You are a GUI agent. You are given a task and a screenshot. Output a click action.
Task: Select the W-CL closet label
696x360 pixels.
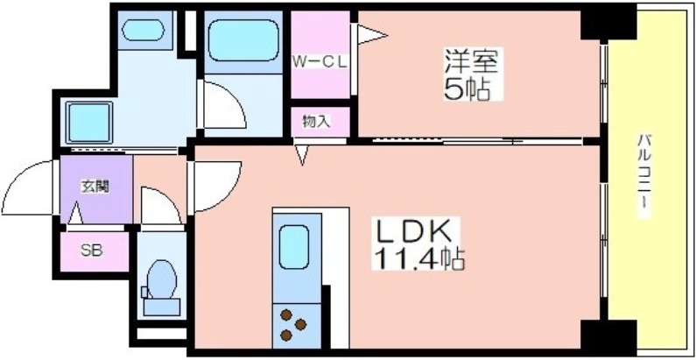[319, 62]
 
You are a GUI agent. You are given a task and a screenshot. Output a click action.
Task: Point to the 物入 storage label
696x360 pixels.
[317, 121]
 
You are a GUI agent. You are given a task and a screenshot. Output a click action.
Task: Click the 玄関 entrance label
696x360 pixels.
[95, 187]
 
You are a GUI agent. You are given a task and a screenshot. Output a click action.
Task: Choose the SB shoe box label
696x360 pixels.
[92, 251]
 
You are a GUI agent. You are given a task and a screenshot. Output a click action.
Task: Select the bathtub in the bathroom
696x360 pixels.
[243, 40]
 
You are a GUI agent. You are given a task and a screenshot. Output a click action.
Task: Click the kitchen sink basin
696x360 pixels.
[294, 247]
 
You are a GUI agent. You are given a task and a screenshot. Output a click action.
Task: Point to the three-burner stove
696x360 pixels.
[293, 325]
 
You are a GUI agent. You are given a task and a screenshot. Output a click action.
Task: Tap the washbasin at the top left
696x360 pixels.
[143, 30]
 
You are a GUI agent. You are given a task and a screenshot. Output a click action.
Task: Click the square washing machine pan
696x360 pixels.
[89, 123]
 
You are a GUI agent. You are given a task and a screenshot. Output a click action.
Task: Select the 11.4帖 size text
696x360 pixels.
[419, 259]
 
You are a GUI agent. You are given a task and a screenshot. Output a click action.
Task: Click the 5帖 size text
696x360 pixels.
[467, 90]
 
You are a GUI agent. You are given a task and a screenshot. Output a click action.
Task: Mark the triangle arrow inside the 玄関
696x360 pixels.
[76, 213]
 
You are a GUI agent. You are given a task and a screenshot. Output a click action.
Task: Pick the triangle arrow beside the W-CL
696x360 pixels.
[372, 35]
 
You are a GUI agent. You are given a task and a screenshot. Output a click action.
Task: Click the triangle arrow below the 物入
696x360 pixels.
[302, 155]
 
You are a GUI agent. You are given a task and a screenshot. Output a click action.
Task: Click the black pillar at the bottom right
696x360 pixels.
[608, 335]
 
